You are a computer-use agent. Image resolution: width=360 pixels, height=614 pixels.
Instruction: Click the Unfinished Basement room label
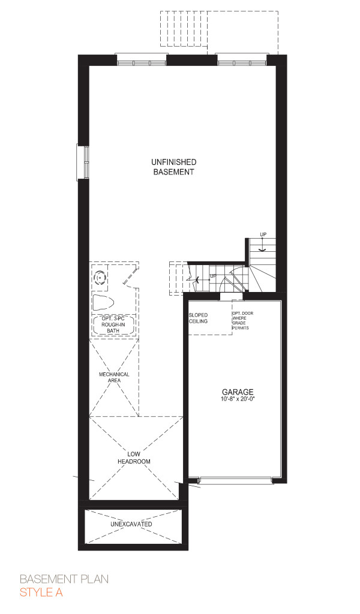click(173, 167)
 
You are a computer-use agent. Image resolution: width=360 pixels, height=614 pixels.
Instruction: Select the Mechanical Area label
click(114, 377)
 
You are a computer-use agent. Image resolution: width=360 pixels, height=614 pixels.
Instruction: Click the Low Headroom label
click(134, 458)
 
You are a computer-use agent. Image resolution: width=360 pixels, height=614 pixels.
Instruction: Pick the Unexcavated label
click(131, 524)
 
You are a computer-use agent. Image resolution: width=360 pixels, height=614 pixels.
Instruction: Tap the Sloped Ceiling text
click(198, 318)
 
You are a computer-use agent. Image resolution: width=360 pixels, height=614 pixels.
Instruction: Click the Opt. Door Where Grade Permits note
click(240, 321)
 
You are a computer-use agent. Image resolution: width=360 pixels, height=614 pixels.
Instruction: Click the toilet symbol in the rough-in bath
click(103, 303)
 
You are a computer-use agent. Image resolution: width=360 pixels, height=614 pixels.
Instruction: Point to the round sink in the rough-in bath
click(101, 278)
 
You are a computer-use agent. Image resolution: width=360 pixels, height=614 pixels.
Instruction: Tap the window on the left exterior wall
click(83, 162)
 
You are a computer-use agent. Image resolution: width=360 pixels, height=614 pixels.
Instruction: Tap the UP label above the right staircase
click(263, 234)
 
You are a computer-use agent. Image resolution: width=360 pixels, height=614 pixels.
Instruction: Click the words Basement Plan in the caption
click(64, 579)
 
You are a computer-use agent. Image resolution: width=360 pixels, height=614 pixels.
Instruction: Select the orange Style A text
click(41, 592)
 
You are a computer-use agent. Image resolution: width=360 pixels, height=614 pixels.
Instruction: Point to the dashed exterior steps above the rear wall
click(183, 29)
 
